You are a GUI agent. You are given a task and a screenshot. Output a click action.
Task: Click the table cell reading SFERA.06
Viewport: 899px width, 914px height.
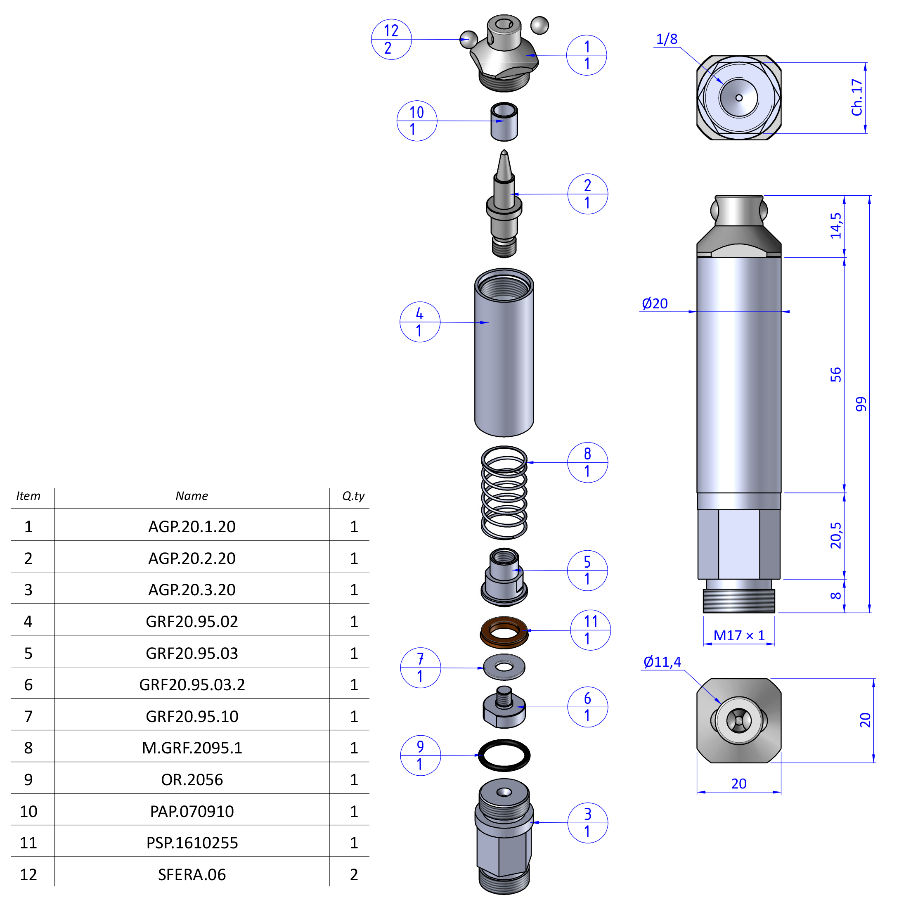tap(192, 874)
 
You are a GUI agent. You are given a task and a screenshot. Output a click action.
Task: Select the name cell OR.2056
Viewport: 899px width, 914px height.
tap(192, 779)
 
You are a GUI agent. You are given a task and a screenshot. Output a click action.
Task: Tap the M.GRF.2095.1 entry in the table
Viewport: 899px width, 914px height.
tap(192, 748)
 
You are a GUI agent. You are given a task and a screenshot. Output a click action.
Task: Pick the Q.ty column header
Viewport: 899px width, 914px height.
tap(353, 496)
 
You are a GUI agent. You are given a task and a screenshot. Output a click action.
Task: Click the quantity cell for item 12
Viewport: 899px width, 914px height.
tap(354, 874)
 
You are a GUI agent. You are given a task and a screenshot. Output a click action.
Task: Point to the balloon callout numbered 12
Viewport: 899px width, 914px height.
tap(391, 39)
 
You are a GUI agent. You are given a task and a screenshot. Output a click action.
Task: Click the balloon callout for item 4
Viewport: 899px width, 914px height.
tap(419, 322)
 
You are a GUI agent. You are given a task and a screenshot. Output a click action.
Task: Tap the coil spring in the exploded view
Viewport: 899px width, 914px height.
tap(504, 493)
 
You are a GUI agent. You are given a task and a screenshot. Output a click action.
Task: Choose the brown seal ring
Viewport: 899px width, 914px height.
tap(504, 632)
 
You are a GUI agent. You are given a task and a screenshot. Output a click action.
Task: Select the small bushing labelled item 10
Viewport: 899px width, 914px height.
tap(504, 122)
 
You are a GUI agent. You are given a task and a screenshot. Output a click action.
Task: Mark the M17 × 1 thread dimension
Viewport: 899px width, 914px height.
tap(739, 635)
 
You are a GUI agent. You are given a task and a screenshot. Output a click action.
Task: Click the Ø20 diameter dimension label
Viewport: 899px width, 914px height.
tap(654, 303)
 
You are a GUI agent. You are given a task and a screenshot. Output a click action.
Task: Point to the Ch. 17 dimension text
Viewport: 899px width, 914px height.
tap(856, 97)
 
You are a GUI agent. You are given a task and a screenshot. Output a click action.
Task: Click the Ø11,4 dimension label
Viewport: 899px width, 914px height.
tap(662, 662)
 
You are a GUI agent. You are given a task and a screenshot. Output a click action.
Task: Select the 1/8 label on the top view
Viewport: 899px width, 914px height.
tap(667, 39)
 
